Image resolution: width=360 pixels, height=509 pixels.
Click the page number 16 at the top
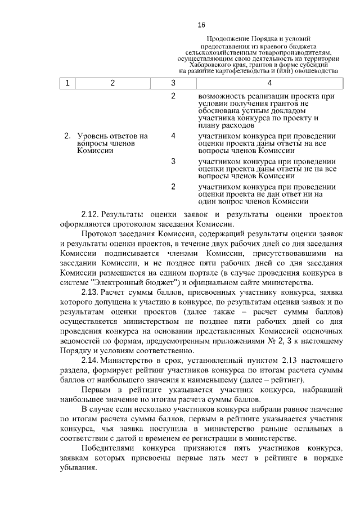click(x=201, y=25)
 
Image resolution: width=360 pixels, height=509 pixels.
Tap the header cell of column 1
click(x=67, y=83)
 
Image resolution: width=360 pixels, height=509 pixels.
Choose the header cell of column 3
click(x=173, y=83)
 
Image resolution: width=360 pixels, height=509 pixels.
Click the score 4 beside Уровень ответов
click(x=173, y=136)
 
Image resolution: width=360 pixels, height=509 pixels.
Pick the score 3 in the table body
click(x=173, y=161)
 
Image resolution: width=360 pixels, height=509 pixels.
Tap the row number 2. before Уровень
click(x=67, y=136)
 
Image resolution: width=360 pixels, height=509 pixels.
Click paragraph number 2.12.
click(x=90, y=214)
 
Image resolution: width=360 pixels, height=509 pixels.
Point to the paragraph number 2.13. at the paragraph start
click(x=90, y=292)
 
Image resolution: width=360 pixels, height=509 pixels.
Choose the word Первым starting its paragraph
click(x=97, y=389)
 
